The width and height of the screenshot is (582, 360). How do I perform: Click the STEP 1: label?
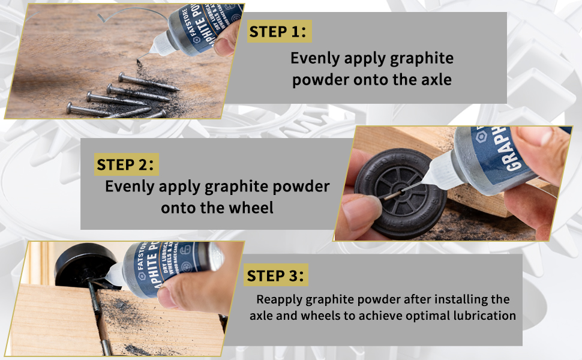coord(278,32)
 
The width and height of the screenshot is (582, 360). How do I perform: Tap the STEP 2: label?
coord(125,164)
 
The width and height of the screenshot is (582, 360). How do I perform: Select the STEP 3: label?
coord(275,276)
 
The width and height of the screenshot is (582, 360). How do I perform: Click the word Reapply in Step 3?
coord(279,300)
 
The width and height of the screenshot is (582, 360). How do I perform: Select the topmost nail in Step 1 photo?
coord(148,82)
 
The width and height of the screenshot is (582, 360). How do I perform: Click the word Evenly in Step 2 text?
coord(130,187)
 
